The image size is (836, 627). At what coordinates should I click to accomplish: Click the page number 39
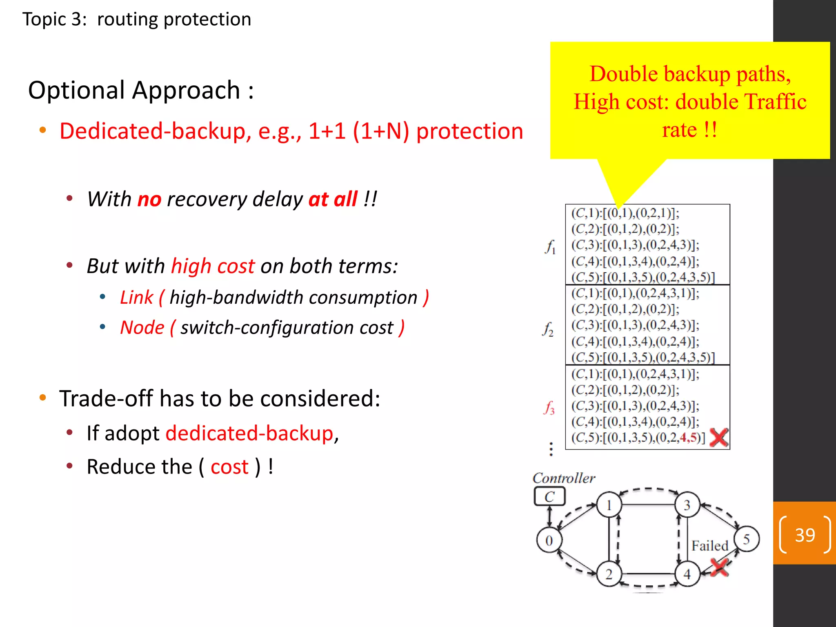point(805,535)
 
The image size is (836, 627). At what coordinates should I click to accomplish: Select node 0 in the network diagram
point(549,540)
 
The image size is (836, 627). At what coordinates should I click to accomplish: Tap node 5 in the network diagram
point(747,539)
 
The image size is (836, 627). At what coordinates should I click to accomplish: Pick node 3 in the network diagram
point(687,505)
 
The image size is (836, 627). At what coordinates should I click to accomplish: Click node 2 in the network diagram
point(609,574)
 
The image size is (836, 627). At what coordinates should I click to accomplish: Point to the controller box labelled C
point(549,497)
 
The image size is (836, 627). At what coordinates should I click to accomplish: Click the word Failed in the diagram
point(709,546)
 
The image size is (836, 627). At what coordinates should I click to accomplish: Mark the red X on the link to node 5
point(719,567)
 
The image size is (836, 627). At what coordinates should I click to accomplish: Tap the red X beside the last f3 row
point(719,438)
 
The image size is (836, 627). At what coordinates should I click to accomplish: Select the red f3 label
point(549,407)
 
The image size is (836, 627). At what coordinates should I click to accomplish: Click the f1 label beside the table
point(550,247)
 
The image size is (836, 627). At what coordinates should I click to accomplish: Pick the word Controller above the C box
point(564,478)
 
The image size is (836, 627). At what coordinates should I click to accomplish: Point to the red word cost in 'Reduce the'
point(229,467)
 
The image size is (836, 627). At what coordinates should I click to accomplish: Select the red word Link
point(136,297)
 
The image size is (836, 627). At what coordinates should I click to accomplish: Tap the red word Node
point(142,327)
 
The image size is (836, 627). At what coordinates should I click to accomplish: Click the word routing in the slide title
point(127,19)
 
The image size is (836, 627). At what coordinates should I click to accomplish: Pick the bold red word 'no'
point(149,199)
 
